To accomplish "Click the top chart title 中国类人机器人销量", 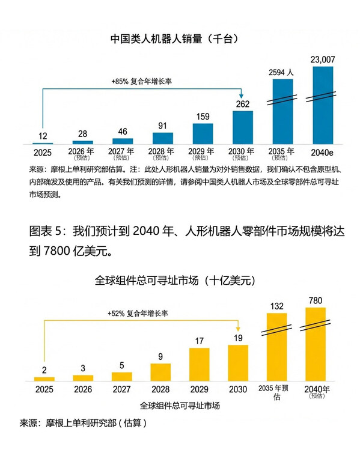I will point(174,39).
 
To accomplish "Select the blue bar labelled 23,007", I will point(323,105).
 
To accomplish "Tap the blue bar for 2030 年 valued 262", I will point(241,127).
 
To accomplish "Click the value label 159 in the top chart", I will point(203,117).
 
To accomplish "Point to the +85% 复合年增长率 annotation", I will point(142,80).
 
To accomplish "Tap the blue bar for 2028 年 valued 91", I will point(163,138).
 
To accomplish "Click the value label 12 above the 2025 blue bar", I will point(43,136).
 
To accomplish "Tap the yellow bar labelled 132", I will point(276,347).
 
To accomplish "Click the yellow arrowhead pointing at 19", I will point(239,330).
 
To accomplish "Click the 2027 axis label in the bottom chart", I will point(121,389).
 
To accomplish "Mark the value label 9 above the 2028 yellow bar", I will point(160,356).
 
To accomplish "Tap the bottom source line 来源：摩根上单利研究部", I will point(84,423).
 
